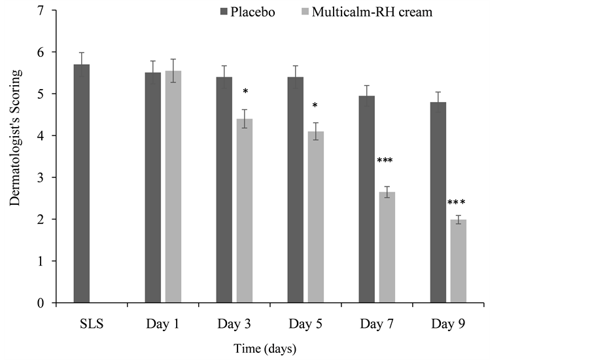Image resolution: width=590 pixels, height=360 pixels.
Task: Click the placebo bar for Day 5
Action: tap(296, 190)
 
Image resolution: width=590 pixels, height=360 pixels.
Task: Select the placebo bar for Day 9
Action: tap(438, 202)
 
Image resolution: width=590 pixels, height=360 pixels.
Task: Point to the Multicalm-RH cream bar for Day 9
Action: tap(458, 261)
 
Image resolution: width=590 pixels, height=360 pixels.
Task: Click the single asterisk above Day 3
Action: tap(245, 92)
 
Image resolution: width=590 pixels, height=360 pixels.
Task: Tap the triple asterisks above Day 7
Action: tap(384, 161)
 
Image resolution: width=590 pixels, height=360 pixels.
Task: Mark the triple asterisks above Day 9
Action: tap(456, 203)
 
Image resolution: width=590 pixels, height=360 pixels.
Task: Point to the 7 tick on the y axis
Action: tap(41, 10)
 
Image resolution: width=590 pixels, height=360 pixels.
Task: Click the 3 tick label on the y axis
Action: tap(41, 177)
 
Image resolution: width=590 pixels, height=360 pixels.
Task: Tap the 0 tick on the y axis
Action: tap(41, 303)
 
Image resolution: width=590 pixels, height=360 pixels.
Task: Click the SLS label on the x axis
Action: tap(92, 323)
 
